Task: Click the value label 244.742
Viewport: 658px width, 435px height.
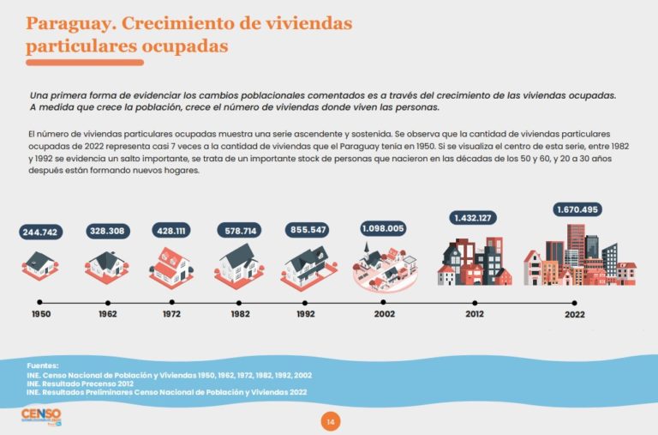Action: click(39, 232)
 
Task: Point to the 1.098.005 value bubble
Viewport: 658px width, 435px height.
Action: click(382, 229)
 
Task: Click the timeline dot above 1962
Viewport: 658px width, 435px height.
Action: click(107, 303)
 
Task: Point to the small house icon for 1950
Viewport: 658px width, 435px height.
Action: click(39, 264)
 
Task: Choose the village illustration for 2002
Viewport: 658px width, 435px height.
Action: click(384, 265)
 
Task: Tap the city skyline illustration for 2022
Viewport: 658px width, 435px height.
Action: click(579, 255)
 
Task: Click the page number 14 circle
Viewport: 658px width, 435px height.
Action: click(329, 421)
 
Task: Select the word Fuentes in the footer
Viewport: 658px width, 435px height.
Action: click(43, 366)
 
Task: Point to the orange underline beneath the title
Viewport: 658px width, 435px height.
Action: click(85, 63)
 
